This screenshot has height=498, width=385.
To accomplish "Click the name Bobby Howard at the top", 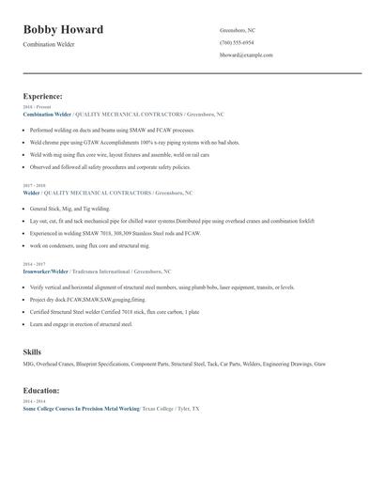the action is pyautogui.click(x=64, y=30).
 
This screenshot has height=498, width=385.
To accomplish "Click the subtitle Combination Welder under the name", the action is pyautogui.click(x=49, y=44).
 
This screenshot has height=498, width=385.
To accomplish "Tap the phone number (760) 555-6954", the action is pyautogui.click(x=237, y=42).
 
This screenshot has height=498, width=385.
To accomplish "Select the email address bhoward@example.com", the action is pyautogui.click(x=246, y=54).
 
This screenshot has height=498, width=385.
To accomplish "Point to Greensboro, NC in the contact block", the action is pyautogui.click(x=237, y=30).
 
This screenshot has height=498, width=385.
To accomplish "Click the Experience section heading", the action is pyautogui.click(x=43, y=96).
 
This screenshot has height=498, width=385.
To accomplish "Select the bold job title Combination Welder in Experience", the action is pyautogui.click(x=47, y=114).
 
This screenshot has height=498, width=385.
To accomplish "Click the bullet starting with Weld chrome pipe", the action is pyautogui.click(x=122, y=142).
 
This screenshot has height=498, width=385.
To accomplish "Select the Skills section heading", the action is pyautogui.click(x=32, y=351).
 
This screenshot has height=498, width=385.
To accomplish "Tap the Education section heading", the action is pyautogui.click(x=42, y=389).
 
